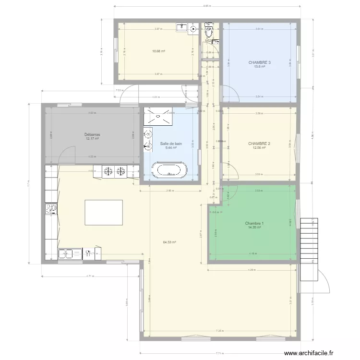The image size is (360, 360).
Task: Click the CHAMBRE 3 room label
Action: coord(259,62)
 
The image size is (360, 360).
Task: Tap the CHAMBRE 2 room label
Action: coord(259,144)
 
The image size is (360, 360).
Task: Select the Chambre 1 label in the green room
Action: coord(254,223)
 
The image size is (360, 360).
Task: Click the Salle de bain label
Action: coord(171,144)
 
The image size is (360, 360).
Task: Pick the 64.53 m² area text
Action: coord(169,242)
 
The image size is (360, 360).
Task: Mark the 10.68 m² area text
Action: coord(159,51)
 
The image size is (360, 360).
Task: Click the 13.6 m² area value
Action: coord(259,67)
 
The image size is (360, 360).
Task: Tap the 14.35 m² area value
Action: coord(254,228)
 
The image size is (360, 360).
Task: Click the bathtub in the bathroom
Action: coord(169,170)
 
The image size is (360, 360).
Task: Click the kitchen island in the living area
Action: coord(103,213)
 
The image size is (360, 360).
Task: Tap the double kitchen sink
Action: coord(70,253)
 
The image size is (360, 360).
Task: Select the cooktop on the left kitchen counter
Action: coord(50,209)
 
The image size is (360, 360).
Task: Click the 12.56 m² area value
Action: coord(259,148)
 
